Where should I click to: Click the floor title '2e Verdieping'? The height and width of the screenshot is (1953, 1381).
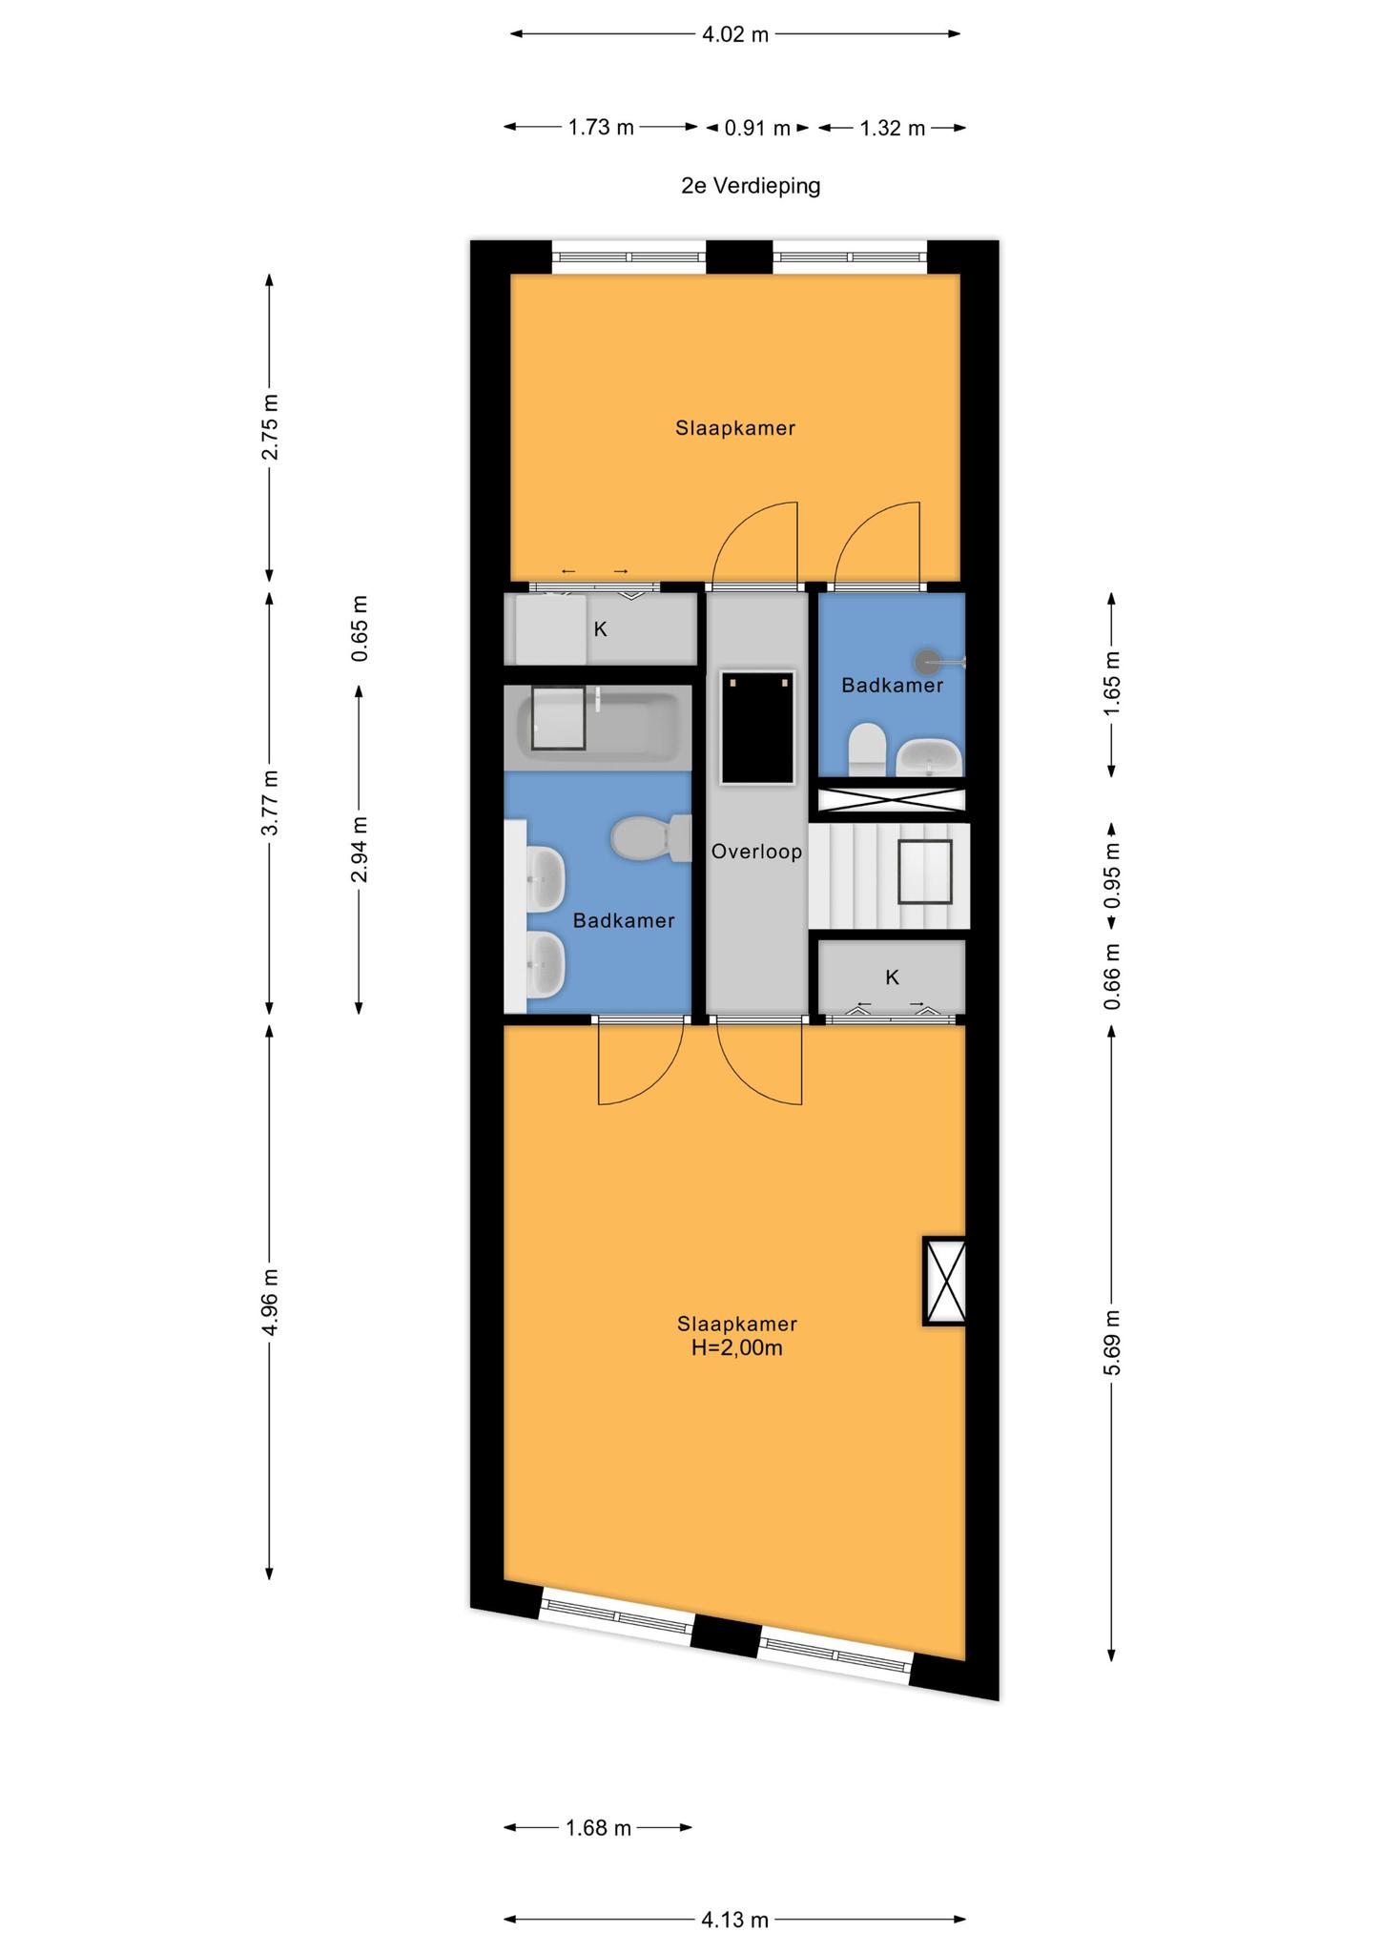click(750, 185)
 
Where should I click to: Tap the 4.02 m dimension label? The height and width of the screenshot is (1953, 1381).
click(734, 35)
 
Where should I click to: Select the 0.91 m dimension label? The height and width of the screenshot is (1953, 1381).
click(757, 128)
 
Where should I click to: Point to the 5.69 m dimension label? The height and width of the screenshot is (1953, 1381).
click(1111, 1343)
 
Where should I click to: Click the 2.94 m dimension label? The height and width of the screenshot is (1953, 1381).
click(359, 850)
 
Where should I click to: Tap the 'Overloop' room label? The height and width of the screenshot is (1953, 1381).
click(756, 852)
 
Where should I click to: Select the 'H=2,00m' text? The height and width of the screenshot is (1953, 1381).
click(736, 1347)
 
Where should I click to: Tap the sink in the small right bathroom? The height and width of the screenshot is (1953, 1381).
click(928, 756)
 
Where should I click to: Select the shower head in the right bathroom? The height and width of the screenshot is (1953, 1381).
click(928, 660)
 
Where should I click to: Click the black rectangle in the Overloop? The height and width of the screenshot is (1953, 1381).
click(757, 728)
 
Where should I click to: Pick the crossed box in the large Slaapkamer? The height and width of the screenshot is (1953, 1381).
click(944, 1281)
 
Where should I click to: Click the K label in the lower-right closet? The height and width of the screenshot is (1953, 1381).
click(892, 977)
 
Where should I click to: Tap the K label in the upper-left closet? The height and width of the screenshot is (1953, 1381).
click(600, 629)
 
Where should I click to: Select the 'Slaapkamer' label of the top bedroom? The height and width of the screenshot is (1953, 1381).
click(735, 428)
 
